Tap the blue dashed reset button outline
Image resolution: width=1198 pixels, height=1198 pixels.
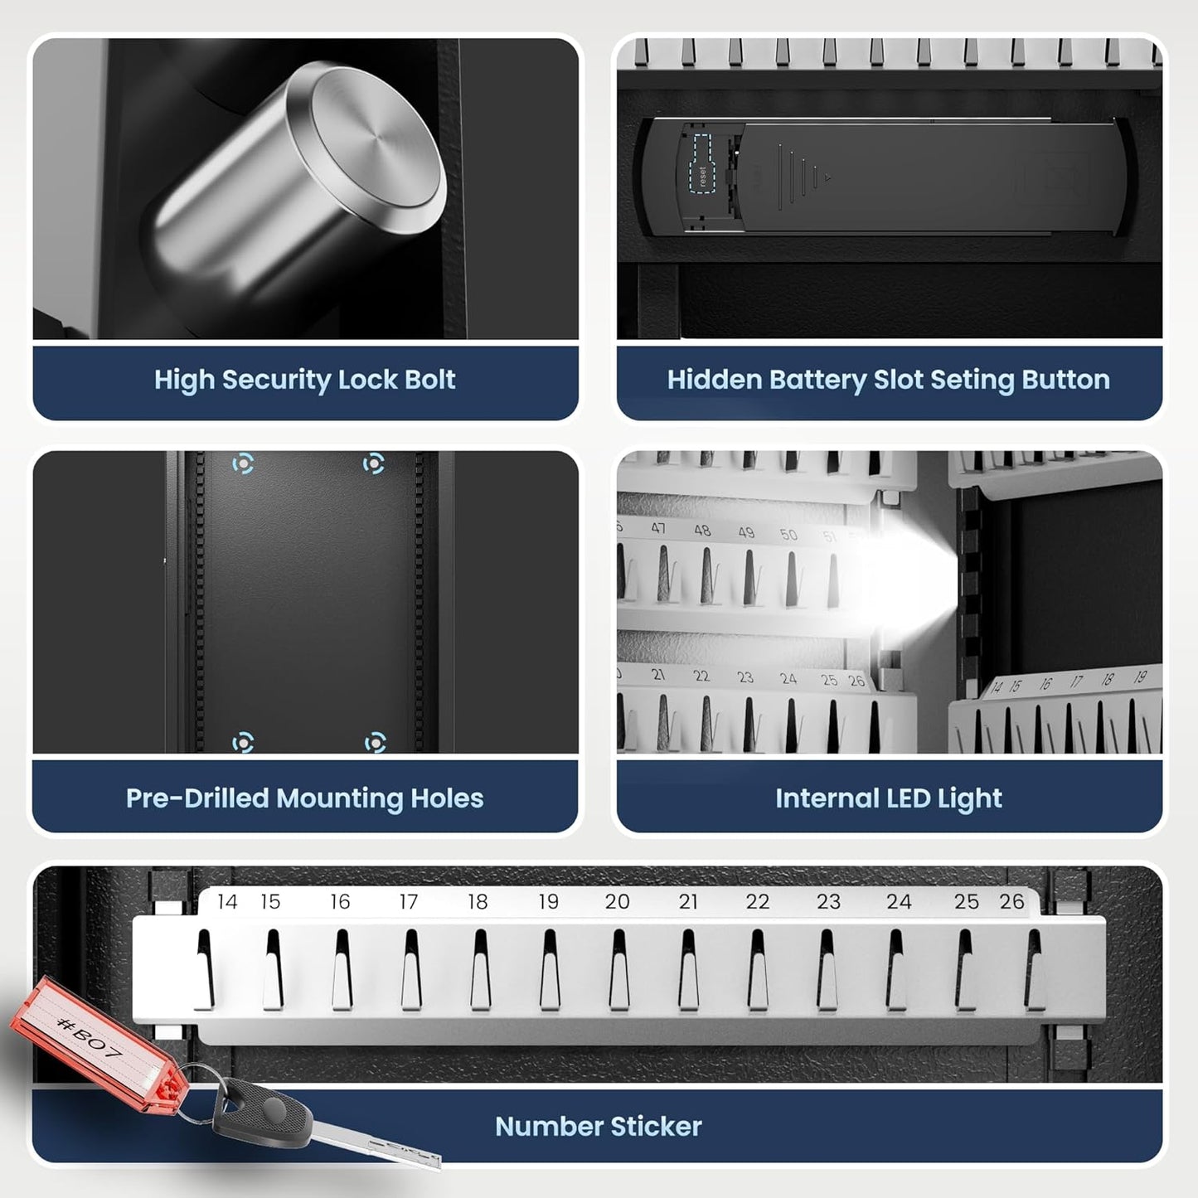click(x=702, y=162)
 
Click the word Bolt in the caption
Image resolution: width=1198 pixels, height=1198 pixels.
click(x=429, y=380)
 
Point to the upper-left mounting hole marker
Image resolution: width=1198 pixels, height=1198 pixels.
click(x=243, y=463)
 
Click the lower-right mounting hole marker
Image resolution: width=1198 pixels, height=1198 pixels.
click(x=376, y=742)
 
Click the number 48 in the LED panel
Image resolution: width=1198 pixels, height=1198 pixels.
click(x=702, y=531)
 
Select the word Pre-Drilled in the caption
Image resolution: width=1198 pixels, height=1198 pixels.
click(x=197, y=798)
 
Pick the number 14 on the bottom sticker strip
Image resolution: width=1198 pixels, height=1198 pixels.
click(x=227, y=902)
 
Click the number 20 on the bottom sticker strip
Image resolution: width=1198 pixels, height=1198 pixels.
click(x=617, y=902)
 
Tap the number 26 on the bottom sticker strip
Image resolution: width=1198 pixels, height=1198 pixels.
click(x=1011, y=902)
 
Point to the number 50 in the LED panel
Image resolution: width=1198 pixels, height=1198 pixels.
click(x=788, y=535)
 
